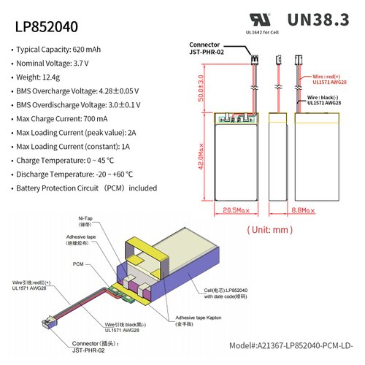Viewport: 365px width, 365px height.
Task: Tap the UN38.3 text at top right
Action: click(x=318, y=20)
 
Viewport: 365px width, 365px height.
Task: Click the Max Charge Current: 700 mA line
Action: click(x=66, y=119)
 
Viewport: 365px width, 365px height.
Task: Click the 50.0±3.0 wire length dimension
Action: click(x=201, y=88)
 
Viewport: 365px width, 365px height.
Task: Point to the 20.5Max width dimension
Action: click(x=236, y=210)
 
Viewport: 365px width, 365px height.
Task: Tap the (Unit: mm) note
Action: click(x=270, y=228)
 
